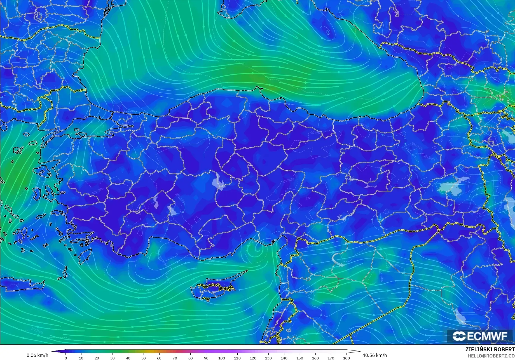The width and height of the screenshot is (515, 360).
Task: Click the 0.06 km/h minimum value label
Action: tap(37, 355)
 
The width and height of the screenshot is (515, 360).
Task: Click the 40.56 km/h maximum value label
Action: tap(374, 355)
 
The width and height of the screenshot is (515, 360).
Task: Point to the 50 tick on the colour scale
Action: tap(143, 358)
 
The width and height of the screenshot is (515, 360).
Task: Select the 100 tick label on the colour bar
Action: tap(222, 358)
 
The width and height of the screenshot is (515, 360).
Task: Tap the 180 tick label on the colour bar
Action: tap(346, 358)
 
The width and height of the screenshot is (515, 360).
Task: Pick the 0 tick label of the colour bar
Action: tap(66, 358)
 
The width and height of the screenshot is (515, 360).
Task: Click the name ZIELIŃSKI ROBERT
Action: tap(490, 349)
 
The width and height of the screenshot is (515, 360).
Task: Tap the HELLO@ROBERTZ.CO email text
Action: tap(491, 356)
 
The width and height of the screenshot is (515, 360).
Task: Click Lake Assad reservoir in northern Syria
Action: tap(336, 259)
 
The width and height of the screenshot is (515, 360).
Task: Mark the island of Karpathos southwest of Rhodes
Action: tap(65, 273)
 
